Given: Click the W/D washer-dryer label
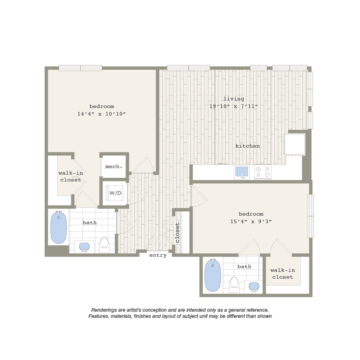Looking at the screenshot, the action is (115, 193).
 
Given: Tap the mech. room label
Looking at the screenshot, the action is (114, 166).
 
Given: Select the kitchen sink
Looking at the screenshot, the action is (242, 172).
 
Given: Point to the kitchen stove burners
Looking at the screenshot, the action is (263, 172).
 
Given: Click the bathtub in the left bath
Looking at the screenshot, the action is (59, 227).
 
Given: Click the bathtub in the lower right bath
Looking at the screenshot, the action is (213, 275).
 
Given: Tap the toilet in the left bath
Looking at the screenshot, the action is (104, 245).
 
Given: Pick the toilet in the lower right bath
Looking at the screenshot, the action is (234, 284).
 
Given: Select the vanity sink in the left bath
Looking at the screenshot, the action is (84, 247).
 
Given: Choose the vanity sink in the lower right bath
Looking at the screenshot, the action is (254, 287).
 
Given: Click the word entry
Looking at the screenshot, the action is (158, 255).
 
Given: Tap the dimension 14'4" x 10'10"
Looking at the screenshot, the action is (102, 114).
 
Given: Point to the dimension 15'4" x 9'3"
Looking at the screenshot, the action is (251, 221).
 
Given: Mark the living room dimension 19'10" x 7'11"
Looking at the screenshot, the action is (234, 107).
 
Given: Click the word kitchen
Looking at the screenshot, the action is (248, 146).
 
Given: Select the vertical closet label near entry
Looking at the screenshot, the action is (177, 233).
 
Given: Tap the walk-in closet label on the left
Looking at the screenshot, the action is (71, 176).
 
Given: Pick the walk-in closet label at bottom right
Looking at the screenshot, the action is (283, 274).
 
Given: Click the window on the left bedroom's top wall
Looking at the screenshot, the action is (80, 68).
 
